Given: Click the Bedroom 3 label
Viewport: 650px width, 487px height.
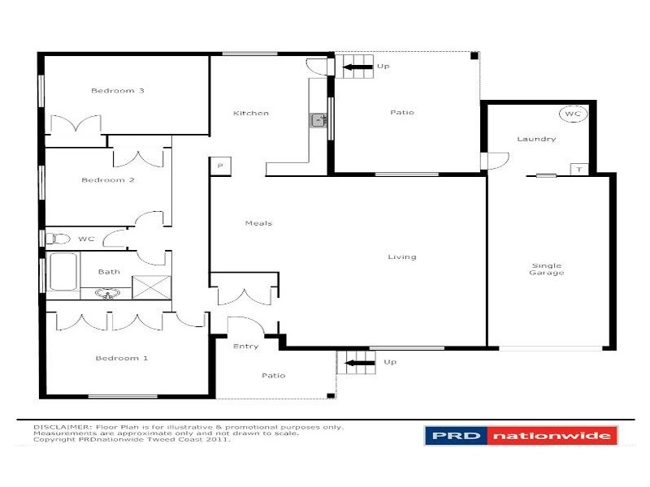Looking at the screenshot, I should [x=117, y=91].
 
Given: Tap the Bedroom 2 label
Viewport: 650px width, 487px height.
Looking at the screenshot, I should [x=107, y=180].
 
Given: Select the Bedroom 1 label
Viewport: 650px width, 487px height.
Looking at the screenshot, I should [x=122, y=358].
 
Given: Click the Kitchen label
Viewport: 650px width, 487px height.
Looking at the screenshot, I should [x=250, y=113].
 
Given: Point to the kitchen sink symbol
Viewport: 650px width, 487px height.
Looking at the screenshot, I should [x=318, y=121].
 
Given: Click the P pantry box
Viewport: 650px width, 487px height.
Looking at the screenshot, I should [x=218, y=165].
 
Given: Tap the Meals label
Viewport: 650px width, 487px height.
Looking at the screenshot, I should [x=258, y=223].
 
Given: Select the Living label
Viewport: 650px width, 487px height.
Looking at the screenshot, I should [x=401, y=257].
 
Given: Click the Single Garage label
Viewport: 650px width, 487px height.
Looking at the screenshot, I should [x=547, y=269].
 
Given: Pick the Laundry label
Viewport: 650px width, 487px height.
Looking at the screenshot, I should [x=536, y=139].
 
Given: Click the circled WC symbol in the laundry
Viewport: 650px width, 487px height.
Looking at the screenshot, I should [x=572, y=114].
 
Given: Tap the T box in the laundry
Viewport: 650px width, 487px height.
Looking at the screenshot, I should [x=578, y=170].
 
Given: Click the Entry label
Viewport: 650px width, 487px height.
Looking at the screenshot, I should [x=245, y=347].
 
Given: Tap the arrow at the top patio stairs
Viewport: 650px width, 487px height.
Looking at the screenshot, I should [x=361, y=66].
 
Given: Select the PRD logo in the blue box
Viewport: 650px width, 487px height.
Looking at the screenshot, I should [x=455, y=436].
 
